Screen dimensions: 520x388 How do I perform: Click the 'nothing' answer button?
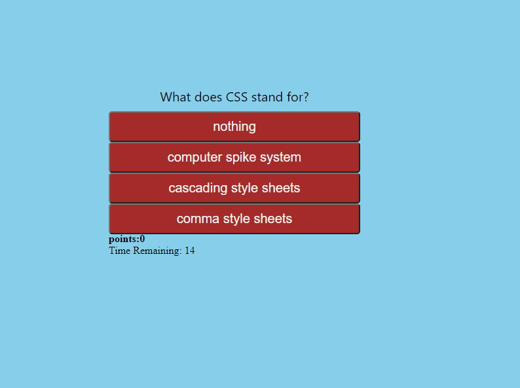point(234,126)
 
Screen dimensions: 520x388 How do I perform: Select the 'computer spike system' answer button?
point(234,158)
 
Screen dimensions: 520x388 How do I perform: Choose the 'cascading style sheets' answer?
point(234,188)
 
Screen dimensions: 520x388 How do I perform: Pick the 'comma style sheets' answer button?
point(234,219)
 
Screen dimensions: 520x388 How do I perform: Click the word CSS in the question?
point(236,97)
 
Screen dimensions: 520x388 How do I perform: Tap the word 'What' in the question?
point(176,97)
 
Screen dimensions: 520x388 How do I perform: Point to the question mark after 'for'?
point(306,97)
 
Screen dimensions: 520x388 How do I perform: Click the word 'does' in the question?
point(208,97)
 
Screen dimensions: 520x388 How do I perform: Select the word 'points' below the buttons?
point(123,239)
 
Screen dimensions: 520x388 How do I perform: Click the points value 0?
point(142,239)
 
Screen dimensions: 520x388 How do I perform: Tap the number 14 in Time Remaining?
point(190,251)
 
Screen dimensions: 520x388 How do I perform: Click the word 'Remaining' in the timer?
point(157,251)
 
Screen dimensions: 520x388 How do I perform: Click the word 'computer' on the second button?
point(195,158)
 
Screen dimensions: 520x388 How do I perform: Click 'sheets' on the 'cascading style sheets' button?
point(281,188)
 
